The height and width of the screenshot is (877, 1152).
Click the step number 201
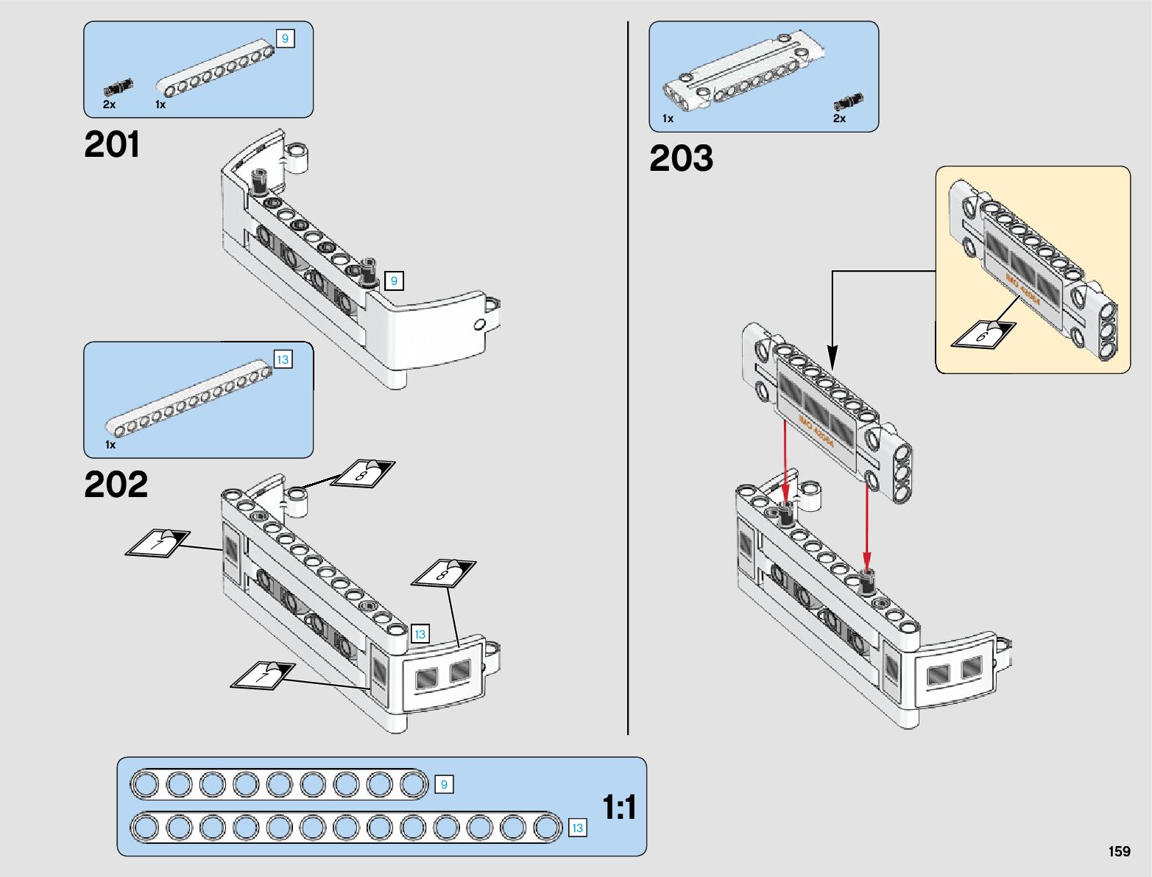(x=112, y=144)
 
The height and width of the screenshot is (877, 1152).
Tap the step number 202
(x=116, y=485)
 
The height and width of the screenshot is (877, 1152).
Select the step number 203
(x=681, y=158)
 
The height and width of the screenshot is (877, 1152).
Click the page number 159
(x=1119, y=851)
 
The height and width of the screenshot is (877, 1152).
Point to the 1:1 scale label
(x=619, y=808)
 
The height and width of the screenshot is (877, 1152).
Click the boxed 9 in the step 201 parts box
(x=286, y=38)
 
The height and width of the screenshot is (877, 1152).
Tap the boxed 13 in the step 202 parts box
(x=283, y=359)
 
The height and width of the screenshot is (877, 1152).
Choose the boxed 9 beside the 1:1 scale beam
(x=444, y=785)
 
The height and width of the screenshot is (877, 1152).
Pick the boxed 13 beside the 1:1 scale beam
(x=577, y=828)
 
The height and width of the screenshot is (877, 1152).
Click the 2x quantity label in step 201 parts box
(x=109, y=105)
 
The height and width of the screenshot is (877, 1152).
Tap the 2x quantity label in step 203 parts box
(x=839, y=119)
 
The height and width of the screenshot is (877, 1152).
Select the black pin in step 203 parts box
(x=848, y=101)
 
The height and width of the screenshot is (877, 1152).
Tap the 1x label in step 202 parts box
(x=110, y=445)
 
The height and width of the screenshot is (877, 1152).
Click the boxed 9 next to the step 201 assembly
(x=394, y=281)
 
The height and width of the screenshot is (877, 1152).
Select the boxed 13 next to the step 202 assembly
(x=420, y=634)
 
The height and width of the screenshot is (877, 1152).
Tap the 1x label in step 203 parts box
(x=668, y=119)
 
